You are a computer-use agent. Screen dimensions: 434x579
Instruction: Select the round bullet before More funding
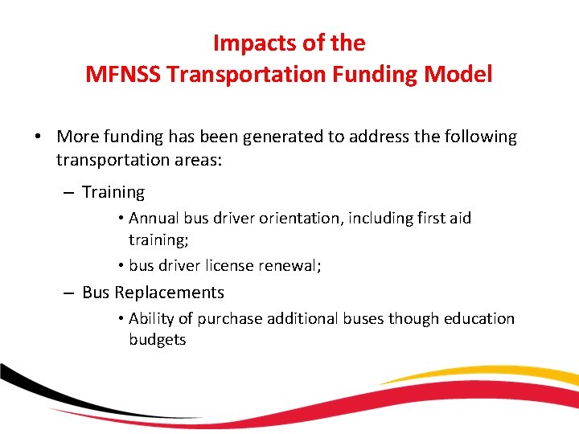click(x=39, y=137)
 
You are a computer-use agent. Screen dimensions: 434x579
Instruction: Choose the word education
click(x=475, y=318)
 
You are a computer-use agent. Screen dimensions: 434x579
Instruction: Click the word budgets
click(x=158, y=340)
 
